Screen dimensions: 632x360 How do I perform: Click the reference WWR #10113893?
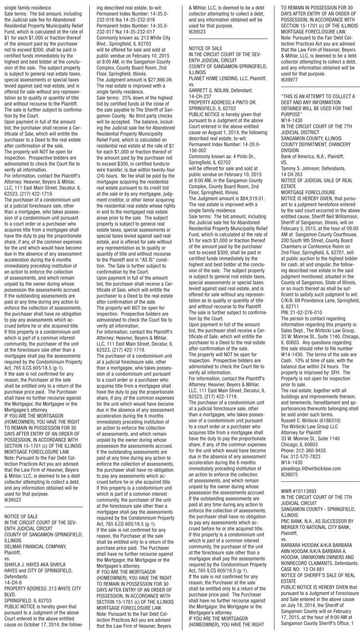[x=299, y=490]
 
